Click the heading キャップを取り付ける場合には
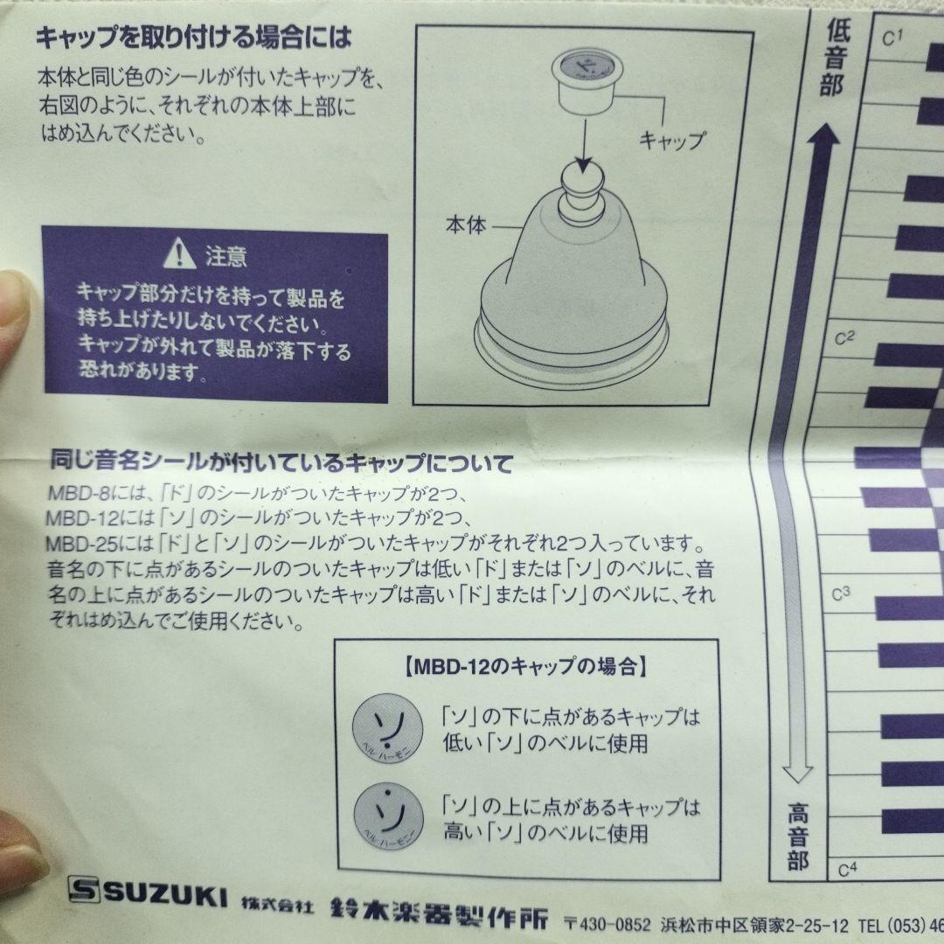coord(192,38)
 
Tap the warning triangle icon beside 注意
coord(180,255)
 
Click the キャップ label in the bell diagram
coord(671,140)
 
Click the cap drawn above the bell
coord(585,80)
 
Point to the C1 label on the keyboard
coord(892,38)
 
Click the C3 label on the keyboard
coord(842,593)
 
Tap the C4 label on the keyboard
coord(847,869)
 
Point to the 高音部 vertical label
coord(796,836)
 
